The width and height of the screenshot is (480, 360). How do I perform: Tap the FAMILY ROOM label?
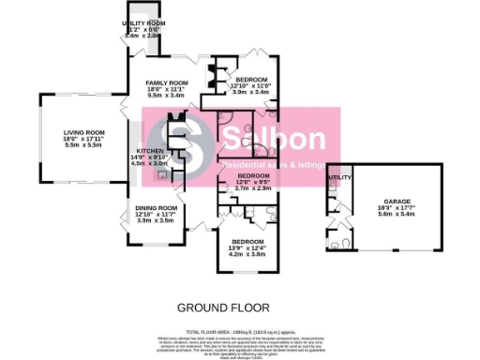pos(167,82)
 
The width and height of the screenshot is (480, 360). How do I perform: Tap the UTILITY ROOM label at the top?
pos(144,22)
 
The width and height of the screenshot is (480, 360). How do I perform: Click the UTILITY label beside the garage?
pos(337,176)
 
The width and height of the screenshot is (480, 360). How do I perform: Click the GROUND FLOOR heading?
pos(223,307)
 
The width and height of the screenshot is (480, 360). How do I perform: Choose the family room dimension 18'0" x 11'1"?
pos(167,89)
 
